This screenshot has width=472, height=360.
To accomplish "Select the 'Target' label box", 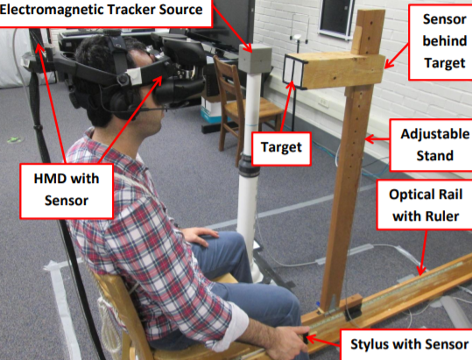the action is click(x=281, y=148).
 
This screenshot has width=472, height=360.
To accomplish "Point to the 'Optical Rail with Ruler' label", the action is click(x=425, y=205).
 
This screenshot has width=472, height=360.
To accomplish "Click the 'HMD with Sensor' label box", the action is click(x=67, y=191).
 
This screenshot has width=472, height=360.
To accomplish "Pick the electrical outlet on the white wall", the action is click(x=323, y=102).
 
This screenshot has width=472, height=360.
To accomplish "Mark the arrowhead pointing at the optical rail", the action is click(x=421, y=270).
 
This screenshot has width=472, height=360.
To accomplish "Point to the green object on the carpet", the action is click(x=13, y=139).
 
